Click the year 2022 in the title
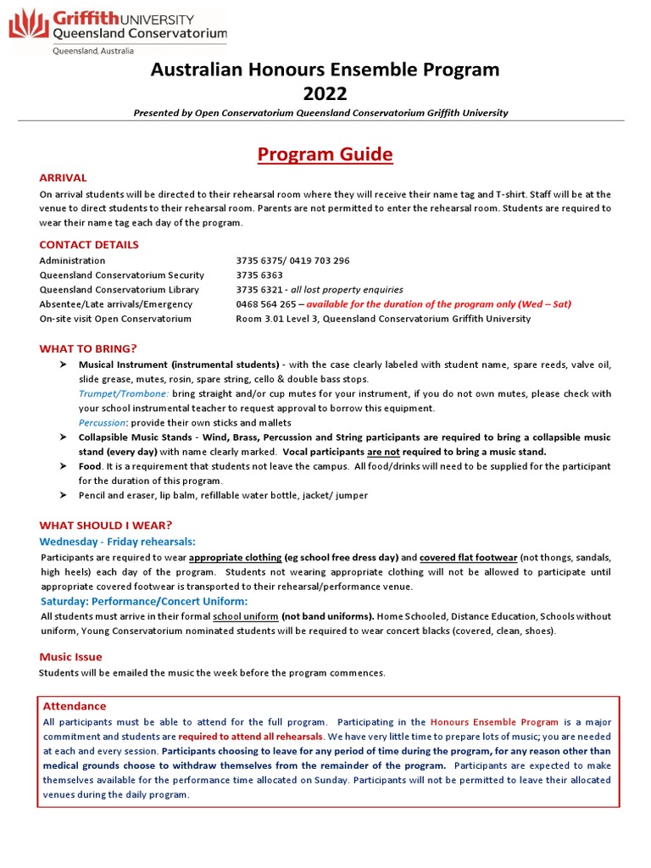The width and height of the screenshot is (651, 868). (x=325, y=93)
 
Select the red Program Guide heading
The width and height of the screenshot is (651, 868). (x=325, y=154)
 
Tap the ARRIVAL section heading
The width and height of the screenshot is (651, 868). (x=63, y=178)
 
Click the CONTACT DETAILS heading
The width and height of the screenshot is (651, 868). (x=89, y=245)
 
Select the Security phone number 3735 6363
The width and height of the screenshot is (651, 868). (x=259, y=275)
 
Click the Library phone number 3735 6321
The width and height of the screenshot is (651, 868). (x=259, y=290)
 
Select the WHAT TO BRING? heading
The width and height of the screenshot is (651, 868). (x=88, y=348)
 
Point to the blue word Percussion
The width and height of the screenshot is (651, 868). (x=102, y=423)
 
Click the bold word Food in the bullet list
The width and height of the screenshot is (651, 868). (x=90, y=467)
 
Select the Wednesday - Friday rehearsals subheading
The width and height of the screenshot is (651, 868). (x=118, y=541)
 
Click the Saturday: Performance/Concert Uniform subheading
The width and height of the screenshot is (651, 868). (x=143, y=601)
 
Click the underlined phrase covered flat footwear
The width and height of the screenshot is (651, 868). (x=468, y=558)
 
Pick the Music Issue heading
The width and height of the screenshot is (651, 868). (x=70, y=657)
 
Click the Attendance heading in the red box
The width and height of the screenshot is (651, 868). (x=75, y=706)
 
